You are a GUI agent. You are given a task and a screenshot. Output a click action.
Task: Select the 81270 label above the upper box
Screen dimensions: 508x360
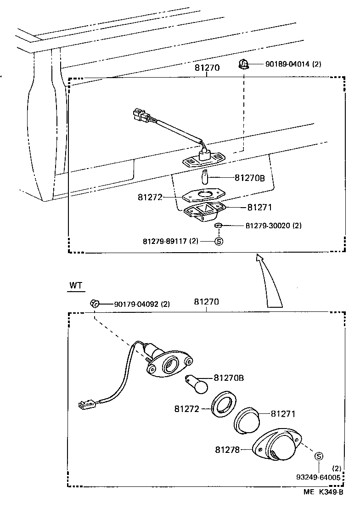(207, 68)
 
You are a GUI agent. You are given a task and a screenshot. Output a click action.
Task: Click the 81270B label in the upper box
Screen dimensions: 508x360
(250, 177)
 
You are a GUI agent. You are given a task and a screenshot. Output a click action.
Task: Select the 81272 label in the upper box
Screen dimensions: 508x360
(151, 197)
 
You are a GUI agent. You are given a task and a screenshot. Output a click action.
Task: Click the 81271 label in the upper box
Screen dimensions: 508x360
(259, 208)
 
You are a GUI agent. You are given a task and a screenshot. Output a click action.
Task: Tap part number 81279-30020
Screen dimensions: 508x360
(273, 226)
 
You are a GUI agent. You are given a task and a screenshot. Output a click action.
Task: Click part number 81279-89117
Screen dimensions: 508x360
(170, 241)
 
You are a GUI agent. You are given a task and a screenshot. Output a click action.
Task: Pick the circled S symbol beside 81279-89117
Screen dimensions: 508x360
(219, 241)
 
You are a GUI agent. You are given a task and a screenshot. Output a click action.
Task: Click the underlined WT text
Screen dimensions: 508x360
(76, 285)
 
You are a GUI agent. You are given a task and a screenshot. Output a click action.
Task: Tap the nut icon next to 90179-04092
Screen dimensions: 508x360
(95, 303)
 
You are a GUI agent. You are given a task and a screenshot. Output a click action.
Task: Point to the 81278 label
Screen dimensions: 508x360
(228, 450)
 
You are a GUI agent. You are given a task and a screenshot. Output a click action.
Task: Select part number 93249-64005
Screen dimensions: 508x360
(319, 478)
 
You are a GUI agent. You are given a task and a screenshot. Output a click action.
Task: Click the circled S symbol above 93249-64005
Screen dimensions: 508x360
(319, 456)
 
